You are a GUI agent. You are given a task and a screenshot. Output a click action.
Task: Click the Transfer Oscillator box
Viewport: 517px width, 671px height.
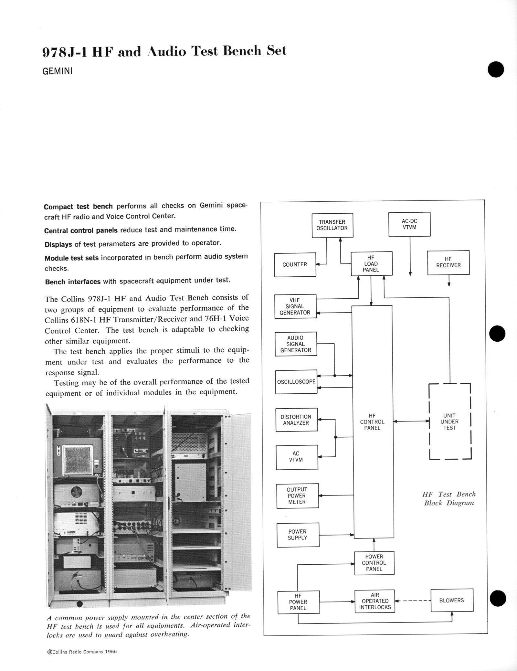tap(332, 225)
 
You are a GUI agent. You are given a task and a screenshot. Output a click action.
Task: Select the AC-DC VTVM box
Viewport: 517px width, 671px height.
tap(409, 224)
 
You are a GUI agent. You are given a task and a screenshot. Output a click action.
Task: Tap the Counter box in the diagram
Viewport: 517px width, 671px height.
tap(295, 265)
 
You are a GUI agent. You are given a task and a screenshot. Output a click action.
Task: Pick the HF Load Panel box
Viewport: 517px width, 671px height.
tap(372, 264)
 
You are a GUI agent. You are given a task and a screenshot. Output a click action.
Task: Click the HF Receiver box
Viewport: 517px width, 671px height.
tap(448, 262)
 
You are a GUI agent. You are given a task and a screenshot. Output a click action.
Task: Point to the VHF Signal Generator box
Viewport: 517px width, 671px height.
tap(295, 306)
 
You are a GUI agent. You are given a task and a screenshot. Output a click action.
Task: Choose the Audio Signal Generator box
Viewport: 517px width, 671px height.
tap(296, 344)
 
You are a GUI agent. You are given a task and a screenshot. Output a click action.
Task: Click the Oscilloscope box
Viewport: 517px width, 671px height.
tap(296, 382)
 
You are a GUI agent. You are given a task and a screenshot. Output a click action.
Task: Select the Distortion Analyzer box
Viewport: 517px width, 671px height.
tap(296, 420)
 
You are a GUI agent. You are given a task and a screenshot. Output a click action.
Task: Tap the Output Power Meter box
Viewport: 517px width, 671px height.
tap(297, 496)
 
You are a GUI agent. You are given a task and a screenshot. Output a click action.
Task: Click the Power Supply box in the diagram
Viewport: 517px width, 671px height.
tap(298, 535)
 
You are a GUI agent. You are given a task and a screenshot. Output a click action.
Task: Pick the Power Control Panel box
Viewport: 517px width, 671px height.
tap(374, 563)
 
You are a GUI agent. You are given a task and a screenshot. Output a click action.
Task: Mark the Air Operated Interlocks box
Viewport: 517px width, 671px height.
tap(375, 601)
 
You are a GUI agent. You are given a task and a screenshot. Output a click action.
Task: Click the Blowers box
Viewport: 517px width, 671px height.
tap(452, 600)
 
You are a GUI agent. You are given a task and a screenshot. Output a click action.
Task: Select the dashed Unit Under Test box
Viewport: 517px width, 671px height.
tap(449, 421)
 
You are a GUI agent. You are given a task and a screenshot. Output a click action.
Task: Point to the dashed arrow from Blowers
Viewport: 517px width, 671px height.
tap(413, 601)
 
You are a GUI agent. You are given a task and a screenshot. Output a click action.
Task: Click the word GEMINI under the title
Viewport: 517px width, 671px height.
tap(58, 71)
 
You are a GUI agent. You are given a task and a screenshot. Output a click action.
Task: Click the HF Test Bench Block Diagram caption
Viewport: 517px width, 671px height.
tap(449, 498)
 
